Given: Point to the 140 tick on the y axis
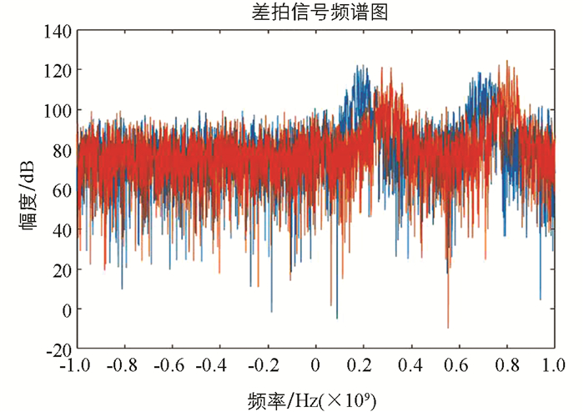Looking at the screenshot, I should coord(56,31).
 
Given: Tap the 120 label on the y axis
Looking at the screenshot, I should coord(56,70).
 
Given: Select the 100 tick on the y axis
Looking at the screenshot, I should coord(56,110).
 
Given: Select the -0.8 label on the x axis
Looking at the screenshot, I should coord(124,364).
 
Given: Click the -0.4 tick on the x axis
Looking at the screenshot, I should coord(219,364).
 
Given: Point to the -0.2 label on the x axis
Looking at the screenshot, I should coord(267,364).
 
